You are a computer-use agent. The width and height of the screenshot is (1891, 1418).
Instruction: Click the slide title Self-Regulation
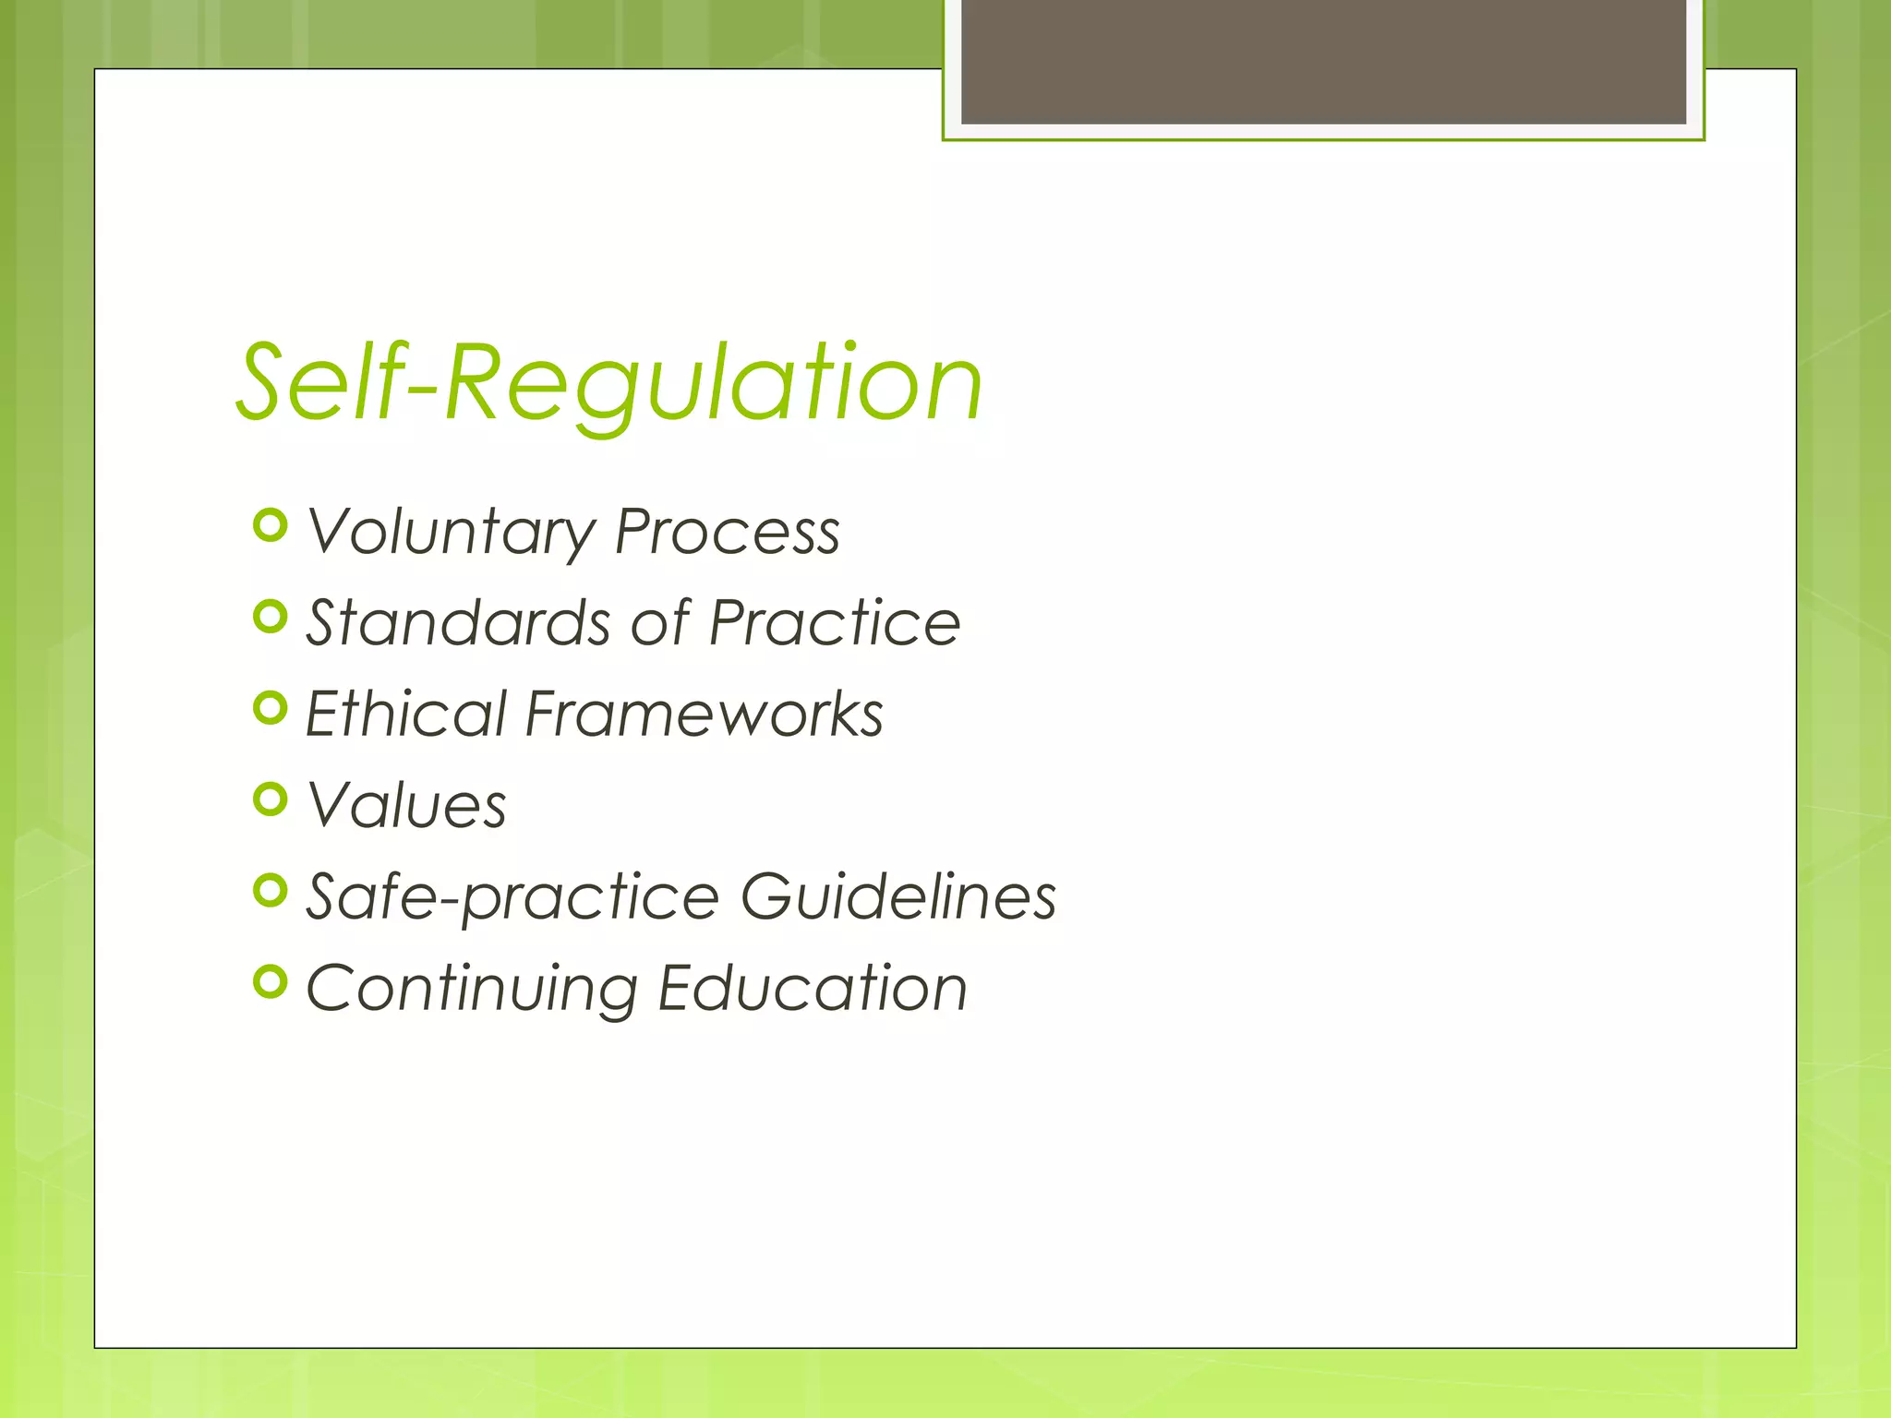click(x=609, y=383)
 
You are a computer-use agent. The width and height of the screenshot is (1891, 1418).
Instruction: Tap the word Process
click(x=728, y=533)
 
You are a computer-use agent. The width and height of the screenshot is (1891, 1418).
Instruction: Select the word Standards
click(x=459, y=622)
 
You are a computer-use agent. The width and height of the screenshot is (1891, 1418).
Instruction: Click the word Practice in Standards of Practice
click(x=835, y=622)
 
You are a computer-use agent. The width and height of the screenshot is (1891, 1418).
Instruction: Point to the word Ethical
click(x=406, y=714)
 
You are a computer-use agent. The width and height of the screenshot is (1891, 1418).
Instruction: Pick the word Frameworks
click(x=705, y=714)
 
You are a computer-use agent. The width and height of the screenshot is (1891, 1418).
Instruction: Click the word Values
click(x=406, y=805)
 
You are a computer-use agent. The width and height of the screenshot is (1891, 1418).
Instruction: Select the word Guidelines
click(x=898, y=895)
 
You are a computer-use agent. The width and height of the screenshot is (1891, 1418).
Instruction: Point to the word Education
click(x=813, y=988)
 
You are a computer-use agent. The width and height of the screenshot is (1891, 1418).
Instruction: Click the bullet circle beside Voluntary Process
click(x=270, y=525)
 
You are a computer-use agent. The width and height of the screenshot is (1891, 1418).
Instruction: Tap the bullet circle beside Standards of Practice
click(x=270, y=617)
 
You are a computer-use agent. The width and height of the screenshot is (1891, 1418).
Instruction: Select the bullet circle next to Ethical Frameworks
click(x=270, y=708)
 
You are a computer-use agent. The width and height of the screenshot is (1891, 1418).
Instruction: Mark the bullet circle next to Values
click(x=270, y=799)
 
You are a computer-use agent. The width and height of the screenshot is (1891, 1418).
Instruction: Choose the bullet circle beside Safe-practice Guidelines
click(x=270, y=891)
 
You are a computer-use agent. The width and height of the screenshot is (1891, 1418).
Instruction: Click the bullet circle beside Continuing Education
click(x=270, y=982)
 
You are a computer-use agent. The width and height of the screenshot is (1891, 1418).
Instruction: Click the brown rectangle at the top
click(x=1323, y=61)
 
